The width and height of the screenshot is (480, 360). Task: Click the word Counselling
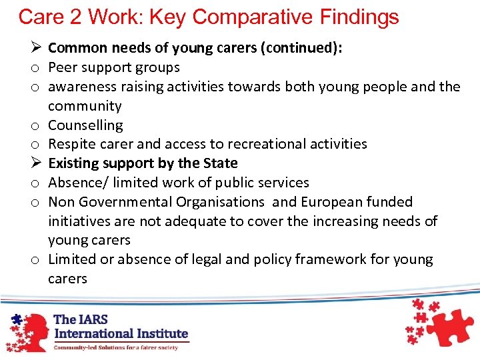pos(85,125)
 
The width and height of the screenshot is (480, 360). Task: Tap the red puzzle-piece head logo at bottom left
pos(25,328)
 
